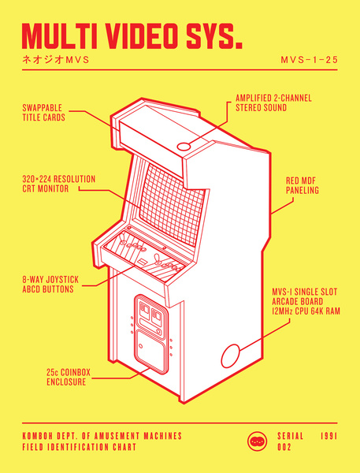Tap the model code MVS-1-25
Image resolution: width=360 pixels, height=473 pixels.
pyautogui.click(x=309, y=59)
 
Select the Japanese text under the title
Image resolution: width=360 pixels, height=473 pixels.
pyautogui.click(x=56, y=59)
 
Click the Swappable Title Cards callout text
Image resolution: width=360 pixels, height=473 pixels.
pyautogui.click(x=43, y=113)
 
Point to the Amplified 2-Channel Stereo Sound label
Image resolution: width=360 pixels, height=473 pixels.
pyautogui.click(x=273, y=102)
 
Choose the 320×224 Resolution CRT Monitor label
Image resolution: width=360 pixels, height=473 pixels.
pyautogui.click(x=59, y=184)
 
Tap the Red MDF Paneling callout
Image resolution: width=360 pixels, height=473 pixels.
pyautogui.click(x=302, y=185)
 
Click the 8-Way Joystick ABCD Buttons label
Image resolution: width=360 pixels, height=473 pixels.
pyautogui.click(x=50, y=284)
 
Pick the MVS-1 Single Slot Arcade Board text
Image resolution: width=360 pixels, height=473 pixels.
pyautogui.click(x=306, y=301)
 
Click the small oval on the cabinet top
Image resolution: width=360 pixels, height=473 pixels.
pyautogui.click(x=184, y=147)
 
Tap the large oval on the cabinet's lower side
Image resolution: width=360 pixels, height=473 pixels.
pyautogui.click(x=230, y=356)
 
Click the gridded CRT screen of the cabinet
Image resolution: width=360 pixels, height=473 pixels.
pyautogui.click(x=173, y=205)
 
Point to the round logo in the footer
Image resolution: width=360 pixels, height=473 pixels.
pyautogui.click(x=257, y=441)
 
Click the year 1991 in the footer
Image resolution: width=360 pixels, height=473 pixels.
pyautogui.click(x=329, y=436)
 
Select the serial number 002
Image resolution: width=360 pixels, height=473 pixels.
pyautogui.click(x=284, y=447)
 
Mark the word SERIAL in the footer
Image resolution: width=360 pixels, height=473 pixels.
pyautogui.click(x=291, y=436)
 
